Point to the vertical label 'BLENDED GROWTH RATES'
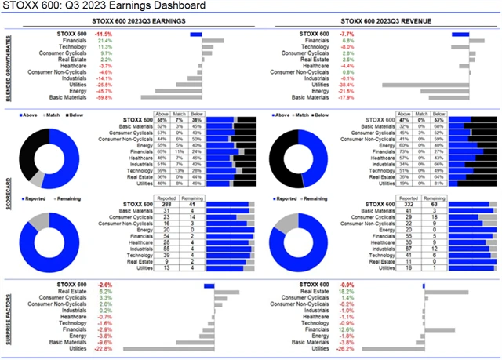pyautogui.click(x=9, y=66)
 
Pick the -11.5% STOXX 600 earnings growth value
pyautogui.click(x=104, y=35)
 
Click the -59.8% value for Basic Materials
pyautogui.click(x=104, y=98)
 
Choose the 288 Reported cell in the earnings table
pyautogui.click(x=165, y=204)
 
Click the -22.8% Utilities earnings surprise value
pyautogui.click(x=104, y=349)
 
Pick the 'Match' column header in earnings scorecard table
pyautogui.click(x=183, y=114)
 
